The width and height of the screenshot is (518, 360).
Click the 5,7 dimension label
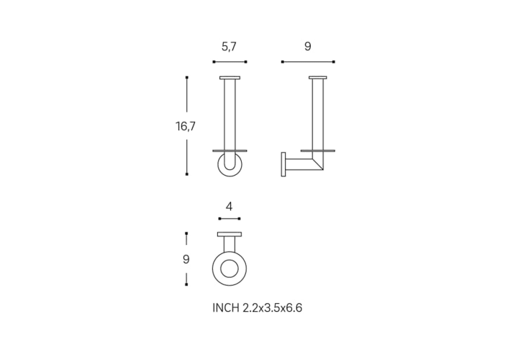pos(229,47)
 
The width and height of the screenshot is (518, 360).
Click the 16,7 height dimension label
pos(186,126)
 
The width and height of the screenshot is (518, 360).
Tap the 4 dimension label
pos(230,207)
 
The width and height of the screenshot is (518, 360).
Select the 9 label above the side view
pos(308,47)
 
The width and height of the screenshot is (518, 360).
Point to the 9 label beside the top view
pos(186,259)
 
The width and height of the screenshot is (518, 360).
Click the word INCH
pos(226,308)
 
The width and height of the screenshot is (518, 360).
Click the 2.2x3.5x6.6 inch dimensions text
pos(273,308)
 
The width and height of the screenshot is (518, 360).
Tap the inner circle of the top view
pos(230,269)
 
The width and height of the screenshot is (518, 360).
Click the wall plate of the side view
pos(283,164)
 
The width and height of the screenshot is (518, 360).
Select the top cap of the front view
pos(230,78)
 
